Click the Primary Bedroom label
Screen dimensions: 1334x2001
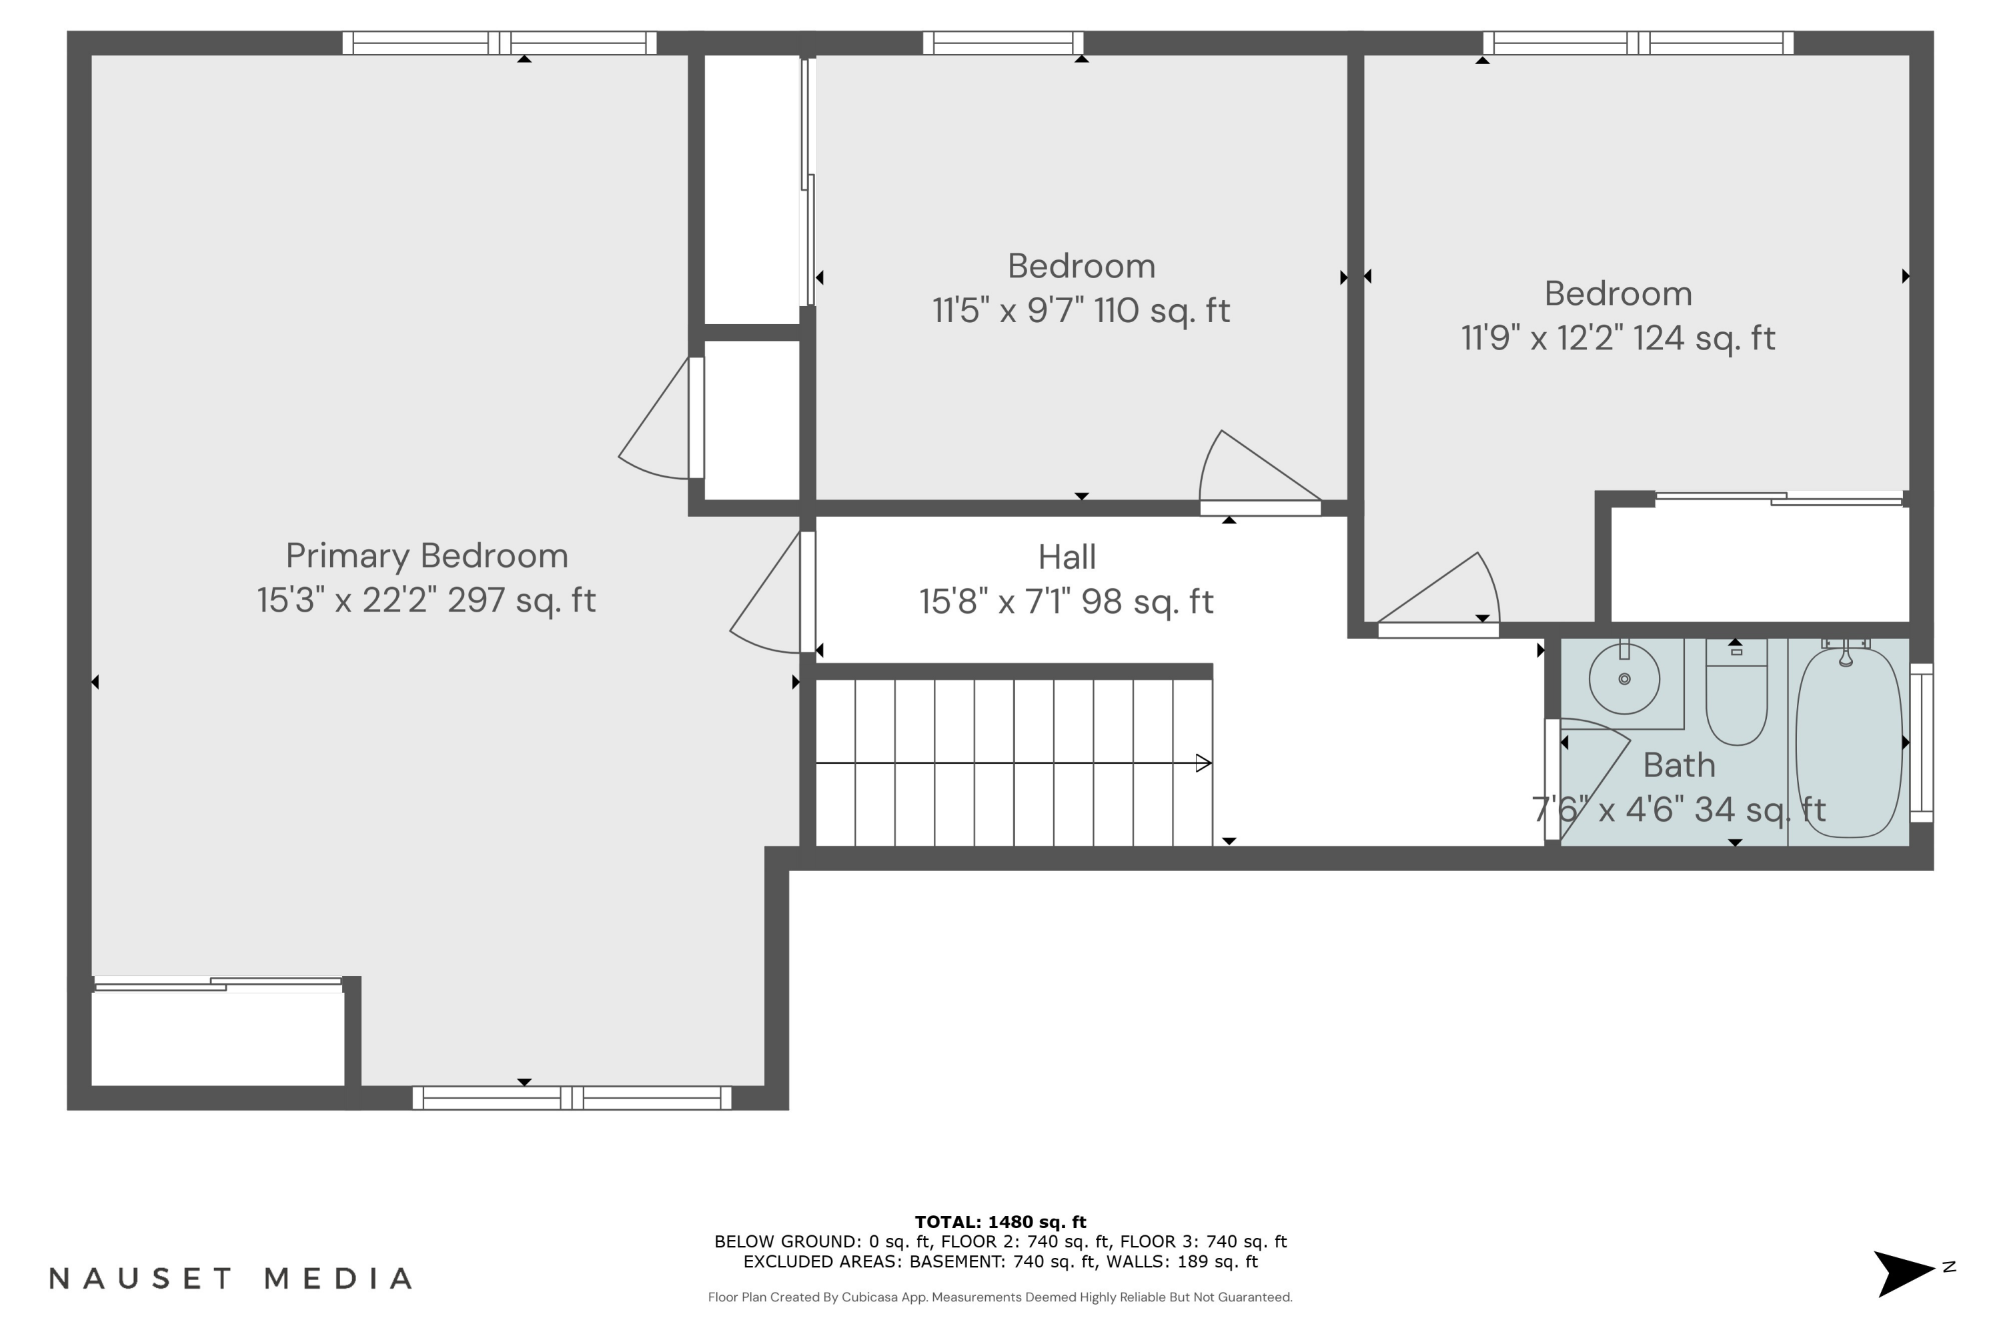click(426, 556)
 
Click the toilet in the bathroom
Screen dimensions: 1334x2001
click(1736, 698)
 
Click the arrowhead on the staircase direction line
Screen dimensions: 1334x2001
click(1203, 763)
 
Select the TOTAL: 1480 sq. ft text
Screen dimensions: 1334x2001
click(1000, 1222)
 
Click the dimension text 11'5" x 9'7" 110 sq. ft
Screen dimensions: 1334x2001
click(1081, 311)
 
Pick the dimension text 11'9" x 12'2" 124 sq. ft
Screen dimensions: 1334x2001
click(1617, 339)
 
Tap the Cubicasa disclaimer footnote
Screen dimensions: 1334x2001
click(1000, 1297)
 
